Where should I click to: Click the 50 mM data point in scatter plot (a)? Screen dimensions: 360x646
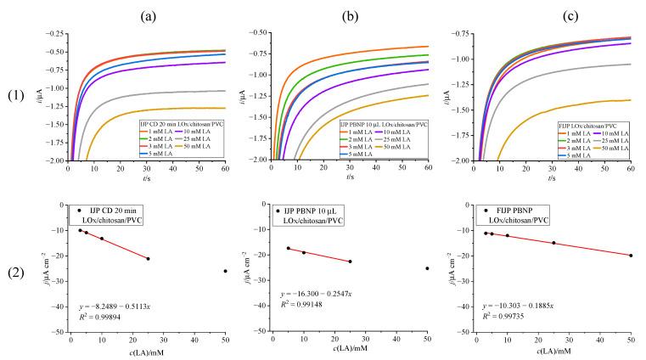click(225, 271)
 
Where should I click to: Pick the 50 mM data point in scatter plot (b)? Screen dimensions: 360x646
click(427, 268)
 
